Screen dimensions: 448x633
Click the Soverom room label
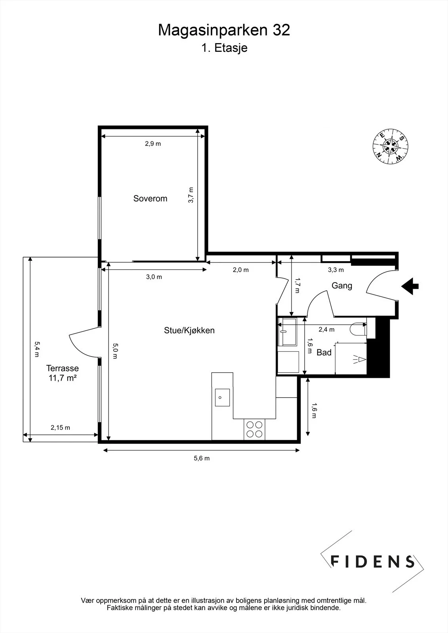(x=150, y=199)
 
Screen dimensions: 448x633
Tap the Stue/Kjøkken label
(x=189, y=330)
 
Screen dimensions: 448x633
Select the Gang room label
(x=342, y=286)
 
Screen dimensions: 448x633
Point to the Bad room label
(x=324, y=353)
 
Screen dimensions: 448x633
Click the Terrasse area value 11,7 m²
(x=63, y=378)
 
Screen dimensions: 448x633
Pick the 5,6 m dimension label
(x=202, y=459)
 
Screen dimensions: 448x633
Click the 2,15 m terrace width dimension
(x=60, y=428)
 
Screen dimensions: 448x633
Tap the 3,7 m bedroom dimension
(x=191, y=195)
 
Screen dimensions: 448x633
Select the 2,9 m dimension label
(x=153, y=144)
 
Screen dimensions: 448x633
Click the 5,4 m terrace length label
(x=37, y=349)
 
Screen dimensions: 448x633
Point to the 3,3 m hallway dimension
(x=336, y=270)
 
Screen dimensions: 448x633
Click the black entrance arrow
(x=410, y=286)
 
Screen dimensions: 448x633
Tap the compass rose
(x=390, y=146)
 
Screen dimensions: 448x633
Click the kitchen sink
(x=222, y=397)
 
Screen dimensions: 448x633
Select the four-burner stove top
(x=254, y=429)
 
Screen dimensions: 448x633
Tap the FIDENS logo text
(x=372, y=561)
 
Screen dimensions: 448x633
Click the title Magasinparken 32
(x=224, y=30)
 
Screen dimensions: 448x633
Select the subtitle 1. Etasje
(x=224, y=48)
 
